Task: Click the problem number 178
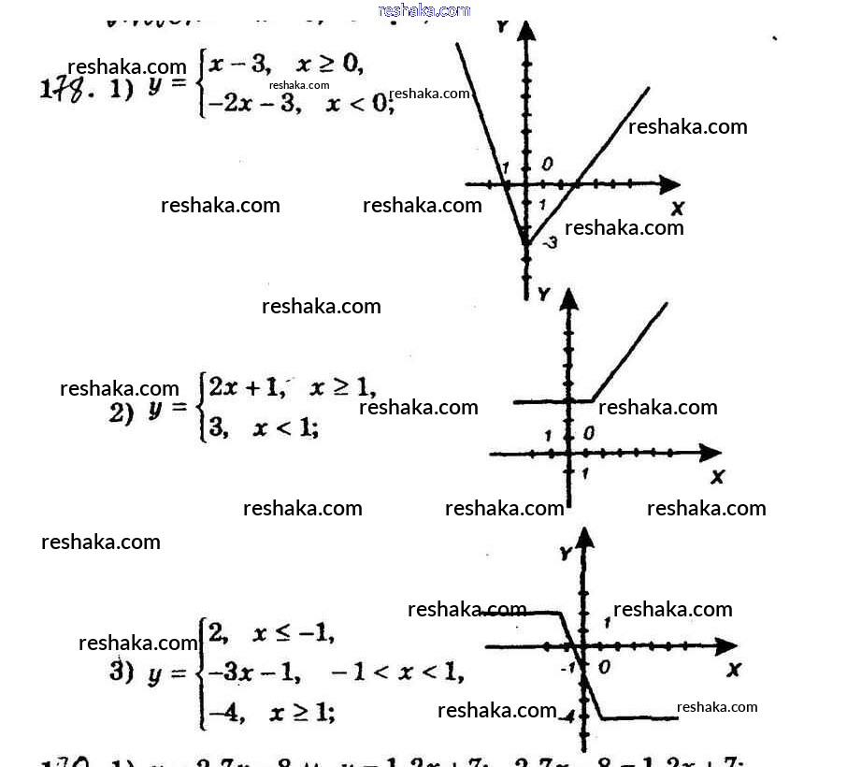(66, 93)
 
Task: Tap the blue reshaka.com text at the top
(423, 10)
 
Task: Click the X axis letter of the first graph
(677, 208)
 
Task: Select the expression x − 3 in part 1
(239, 65)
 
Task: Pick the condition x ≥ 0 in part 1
(328, 65)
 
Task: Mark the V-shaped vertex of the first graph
(526, 244)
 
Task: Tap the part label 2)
(122, 412)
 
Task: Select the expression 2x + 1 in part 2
(246, 386)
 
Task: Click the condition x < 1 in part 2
(285, 428)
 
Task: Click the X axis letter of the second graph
(717, 477)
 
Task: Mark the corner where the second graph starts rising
(593, 401)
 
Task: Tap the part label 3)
(122, 672)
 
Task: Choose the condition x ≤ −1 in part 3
(293, 633)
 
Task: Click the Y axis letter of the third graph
(565, 554)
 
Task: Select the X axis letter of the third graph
(733, 669)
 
